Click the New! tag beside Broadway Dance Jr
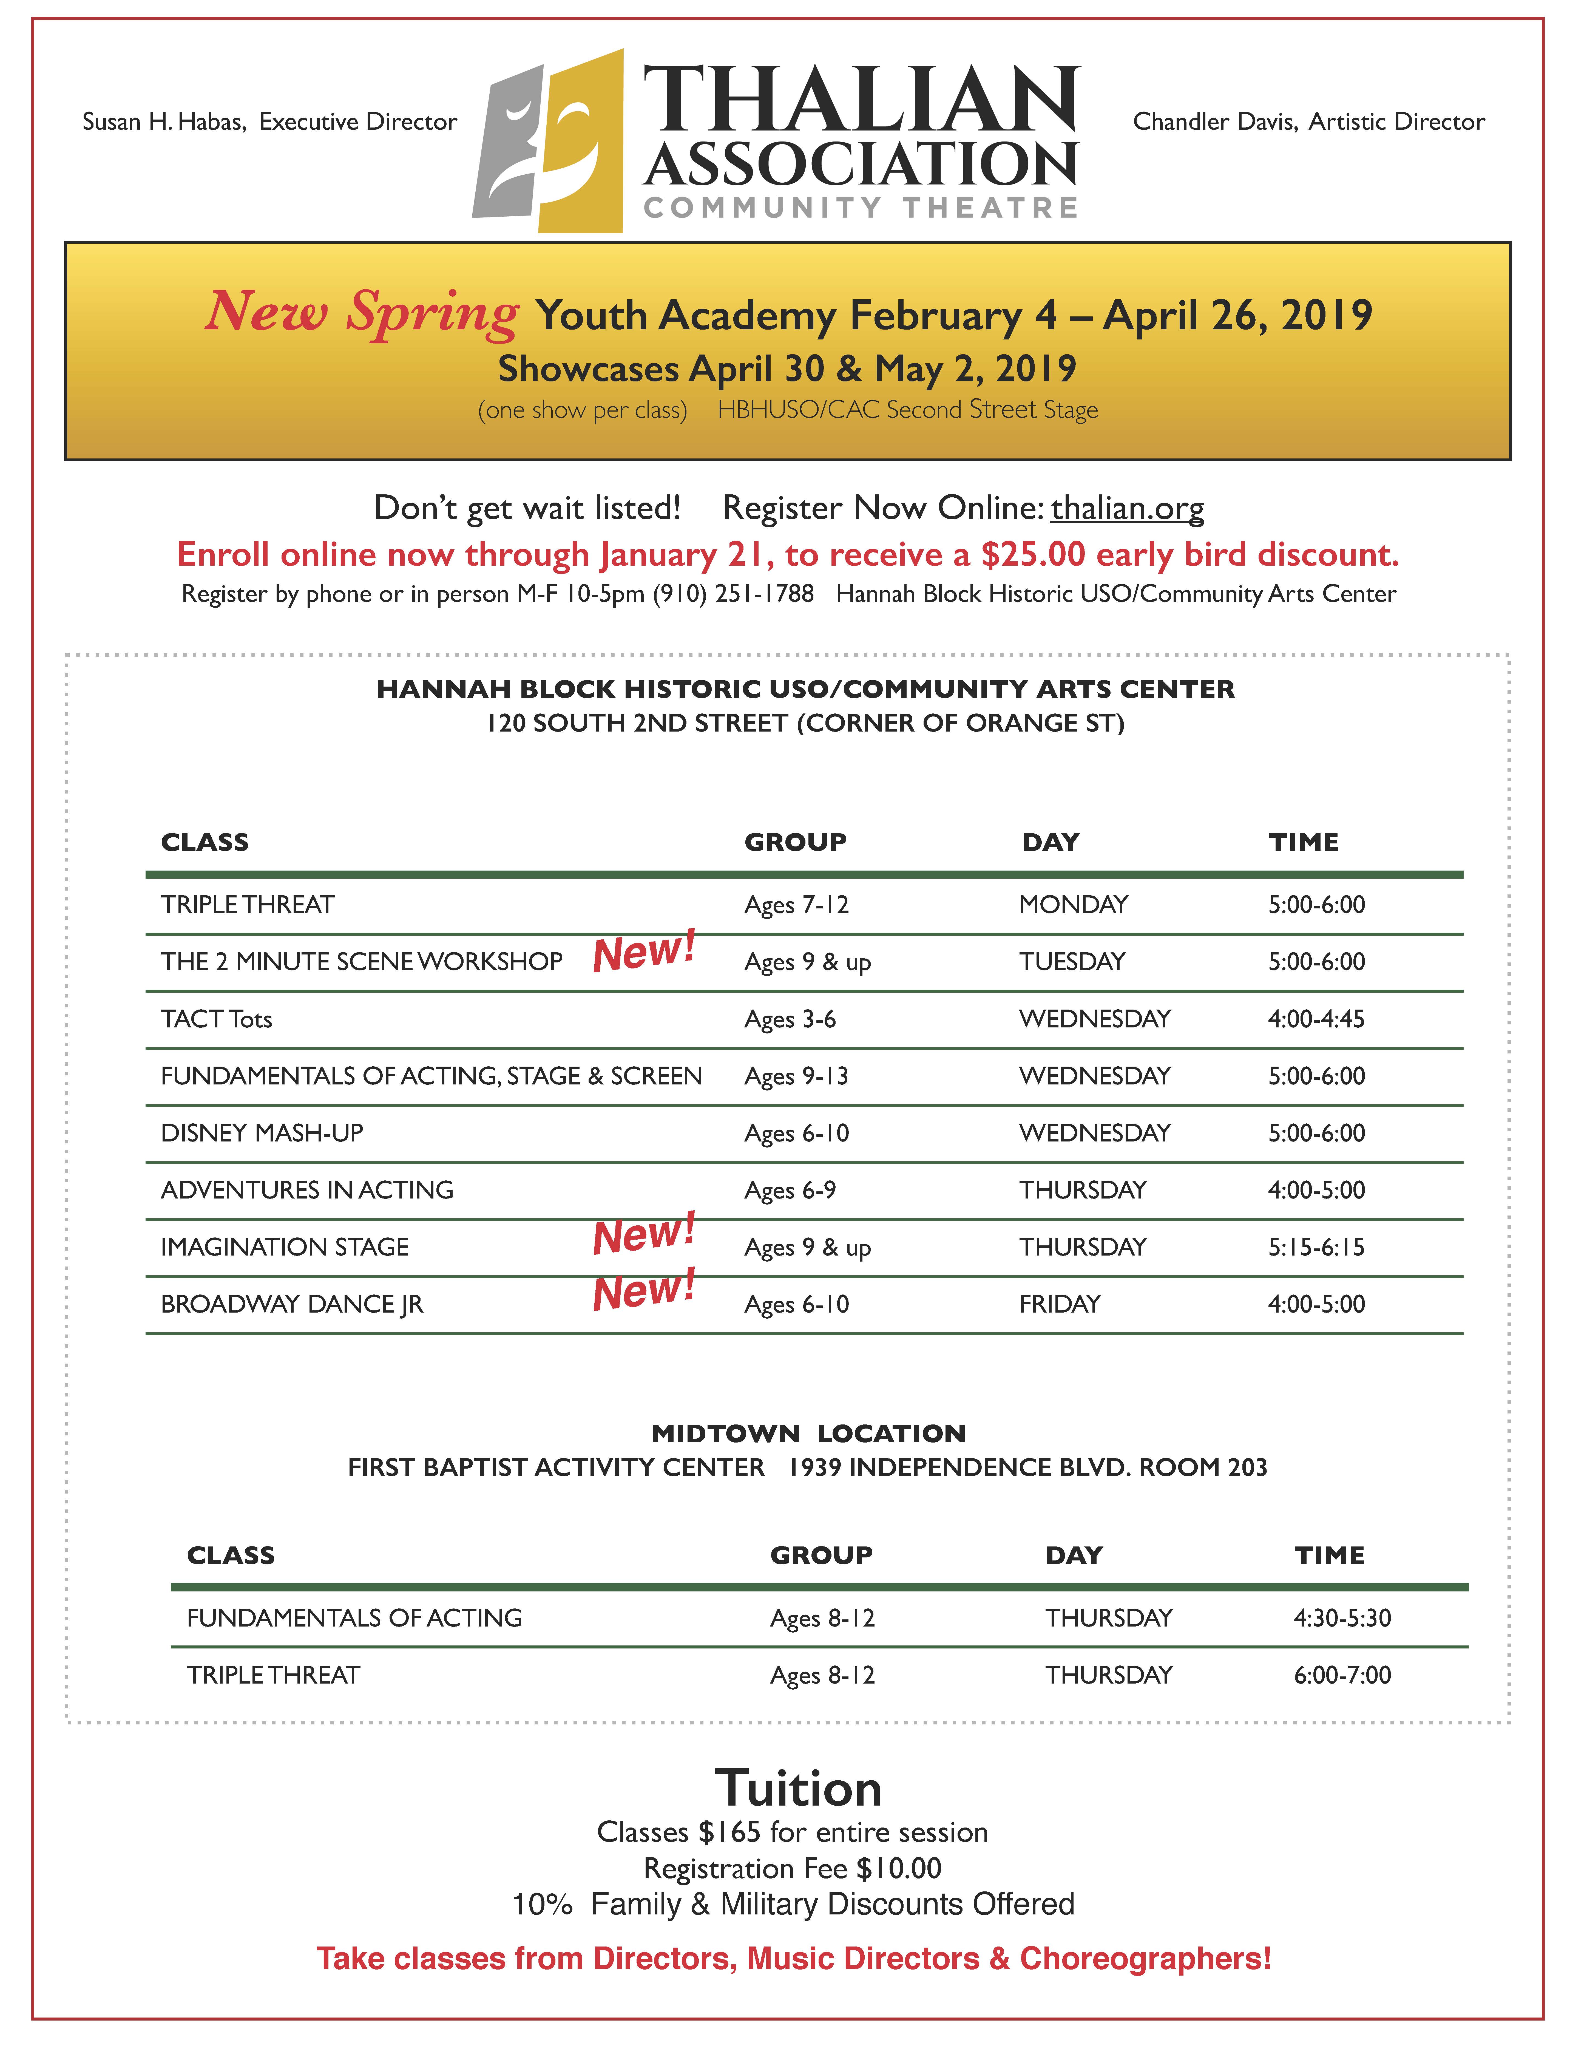644,1290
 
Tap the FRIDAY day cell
1060,1304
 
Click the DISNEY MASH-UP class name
261,1133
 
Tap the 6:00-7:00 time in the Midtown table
1342,1675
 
